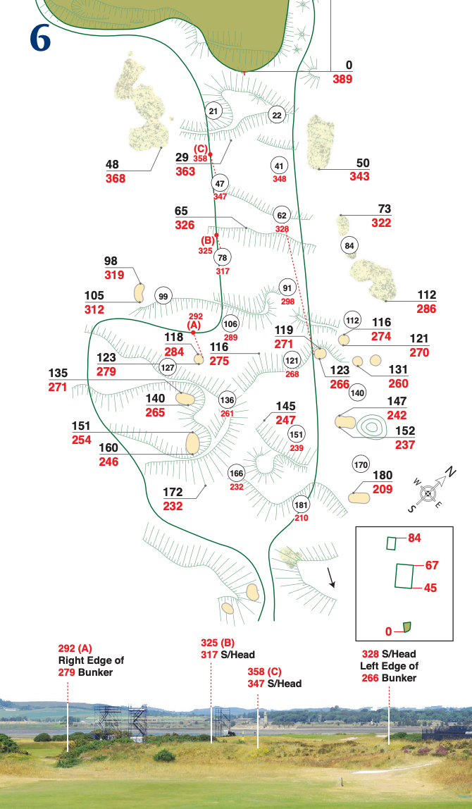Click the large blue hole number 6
[x=40, y=39]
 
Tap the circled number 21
[x=214, y=110]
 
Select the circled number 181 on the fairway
[x=301, y=505]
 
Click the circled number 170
[x=361, y=465]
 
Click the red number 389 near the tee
[x=342, y=79]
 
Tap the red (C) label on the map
[x=201, y=149]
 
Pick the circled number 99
[x=163, y=296]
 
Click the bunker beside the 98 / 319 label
[x=139, y=292]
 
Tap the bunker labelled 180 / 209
[x=359, y=498]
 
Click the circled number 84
[x=349, y=245]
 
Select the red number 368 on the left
[x=116, y=178]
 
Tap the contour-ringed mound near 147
[x=371, y=426]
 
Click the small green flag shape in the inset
[x=406, y=626]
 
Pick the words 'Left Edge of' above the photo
[x=389, y=666]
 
